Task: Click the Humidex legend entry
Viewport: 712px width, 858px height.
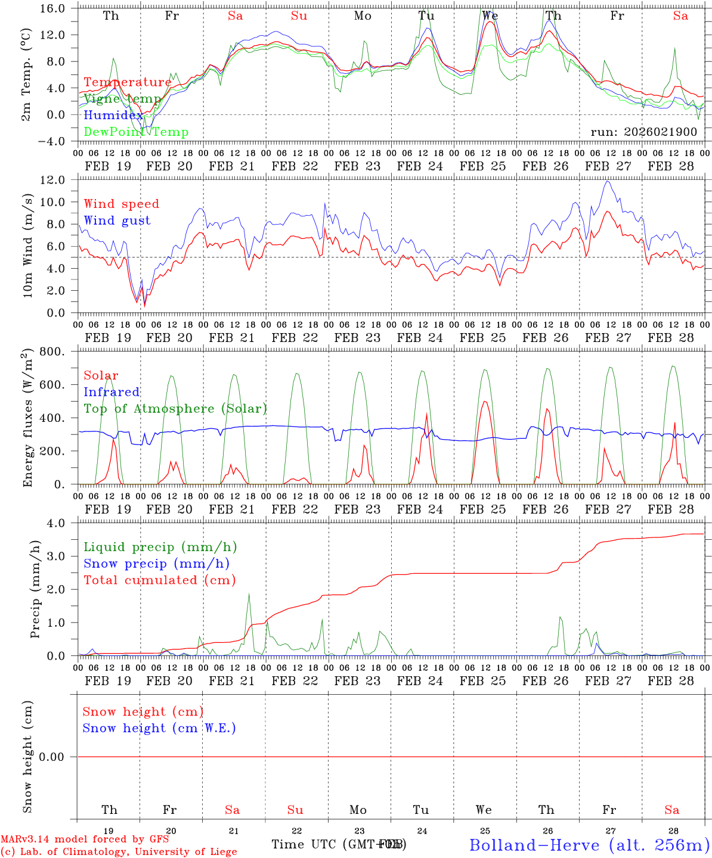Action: click(113, 116)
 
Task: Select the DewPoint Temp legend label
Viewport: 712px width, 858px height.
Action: click(136, 132)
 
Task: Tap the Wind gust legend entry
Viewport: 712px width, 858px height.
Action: click(117, 220)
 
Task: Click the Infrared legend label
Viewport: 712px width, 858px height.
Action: click(112, 392)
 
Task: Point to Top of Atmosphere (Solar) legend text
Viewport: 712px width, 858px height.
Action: click(175, 409)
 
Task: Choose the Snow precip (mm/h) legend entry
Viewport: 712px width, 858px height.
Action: click(156, 564)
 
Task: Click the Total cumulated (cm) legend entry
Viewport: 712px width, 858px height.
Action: click(159, 580)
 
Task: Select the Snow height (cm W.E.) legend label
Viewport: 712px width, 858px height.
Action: click(159, 728)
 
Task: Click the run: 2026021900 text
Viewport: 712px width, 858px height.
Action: click(643, 132)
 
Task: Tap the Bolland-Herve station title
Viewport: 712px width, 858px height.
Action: click(589, 845)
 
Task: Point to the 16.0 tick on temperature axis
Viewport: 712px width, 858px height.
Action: click(54, 8)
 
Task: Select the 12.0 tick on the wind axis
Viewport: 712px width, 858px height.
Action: click(54, 180)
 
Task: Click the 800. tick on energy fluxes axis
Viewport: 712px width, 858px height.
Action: click(52, 352)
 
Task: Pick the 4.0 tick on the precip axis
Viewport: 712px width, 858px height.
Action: click(58, 523)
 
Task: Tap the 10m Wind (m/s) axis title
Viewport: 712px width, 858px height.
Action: click(27, 247)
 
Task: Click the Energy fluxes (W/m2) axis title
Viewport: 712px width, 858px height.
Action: click(27, 418)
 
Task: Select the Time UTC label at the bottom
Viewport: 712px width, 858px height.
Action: click(339, 844)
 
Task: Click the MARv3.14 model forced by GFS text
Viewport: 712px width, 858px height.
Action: click(85, 839)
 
